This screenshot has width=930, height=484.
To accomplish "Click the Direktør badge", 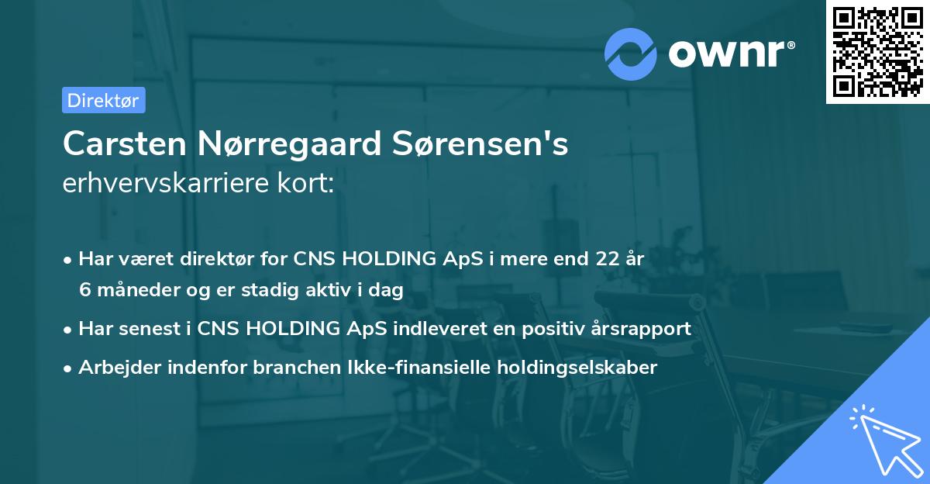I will (x=103, y=100).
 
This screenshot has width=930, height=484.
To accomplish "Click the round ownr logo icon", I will (x=631, y=54).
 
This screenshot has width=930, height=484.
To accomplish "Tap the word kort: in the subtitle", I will (x=309, y=184).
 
